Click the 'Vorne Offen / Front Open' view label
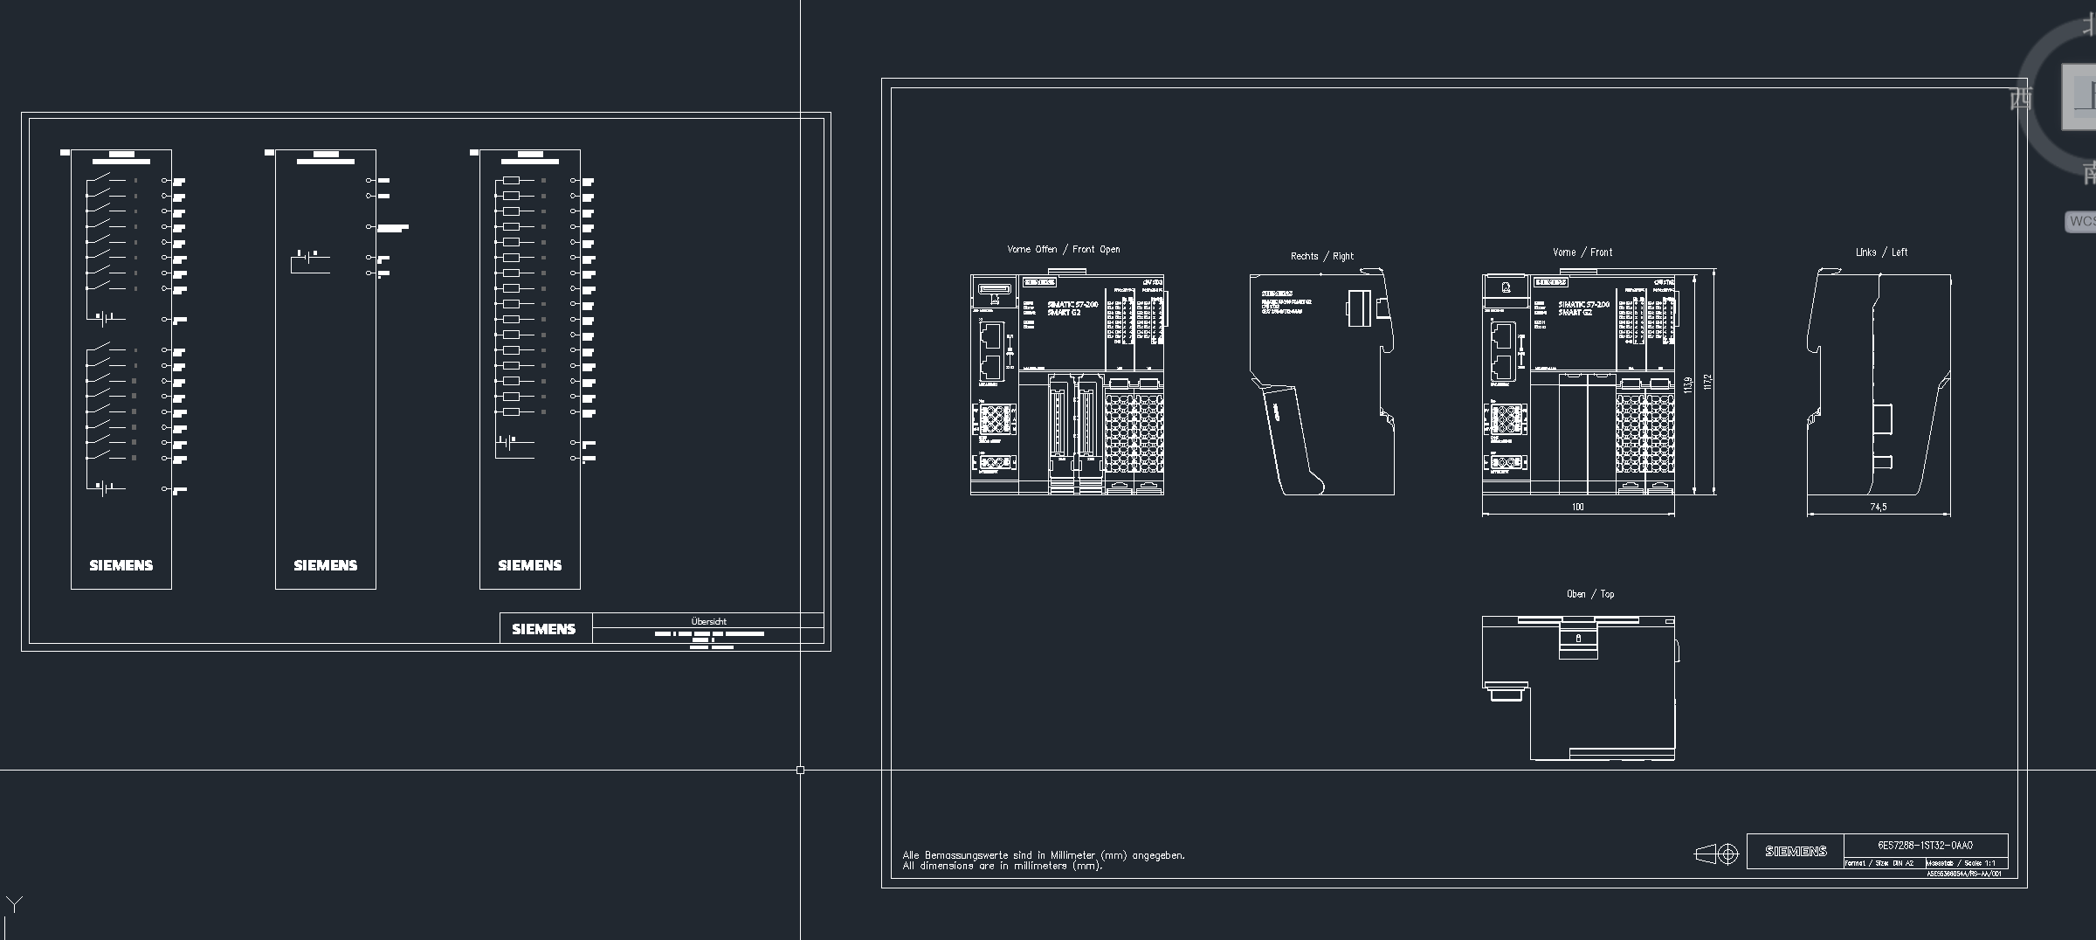tap(1063, 250)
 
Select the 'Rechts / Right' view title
tap(1321, 257)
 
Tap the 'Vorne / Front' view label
tap(1582, 252)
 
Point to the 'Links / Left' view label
tap(1881, 252)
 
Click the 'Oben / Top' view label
tap(1589, 594)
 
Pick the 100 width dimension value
tap(1577, 507)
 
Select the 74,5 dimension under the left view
tap(1878, 507)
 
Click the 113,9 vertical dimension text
tap(1688, 384)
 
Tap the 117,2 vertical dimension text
tap(1707, 382)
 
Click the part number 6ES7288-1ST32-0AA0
tap(1925, 846)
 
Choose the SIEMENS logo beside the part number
tap(1796, 851)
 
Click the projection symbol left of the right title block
tap(1716, 854)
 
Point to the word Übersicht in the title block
tap(708, 622)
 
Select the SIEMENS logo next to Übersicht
tap(543, 629)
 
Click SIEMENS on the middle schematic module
tap(325, 566)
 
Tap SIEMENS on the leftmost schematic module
tap(121, 566)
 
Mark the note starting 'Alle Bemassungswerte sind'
tap(1043, 855)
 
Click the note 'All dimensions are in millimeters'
tap(1002, 867)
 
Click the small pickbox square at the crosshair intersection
tap(800, 770)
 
